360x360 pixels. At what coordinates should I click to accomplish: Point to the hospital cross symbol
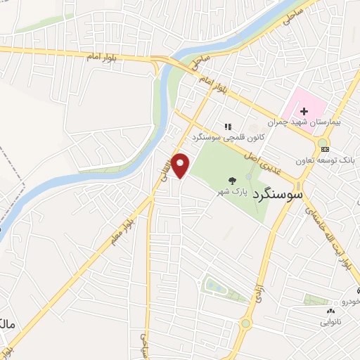(304, 110)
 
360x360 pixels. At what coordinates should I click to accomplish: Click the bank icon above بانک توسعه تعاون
(323, 148)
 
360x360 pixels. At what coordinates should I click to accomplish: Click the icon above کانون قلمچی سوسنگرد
(227, 126)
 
